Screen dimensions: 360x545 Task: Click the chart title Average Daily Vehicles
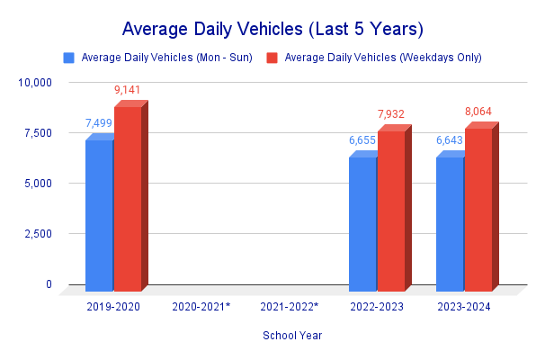click(x=272, y=28)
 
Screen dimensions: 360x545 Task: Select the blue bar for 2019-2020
click(x=99, y=216)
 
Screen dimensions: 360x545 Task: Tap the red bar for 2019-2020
click(x=128, y=199)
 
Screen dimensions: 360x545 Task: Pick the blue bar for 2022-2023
click(x=362, y=224)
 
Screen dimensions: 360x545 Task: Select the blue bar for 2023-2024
click(x=450, y=224)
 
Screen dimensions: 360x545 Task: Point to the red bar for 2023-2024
click(x=478, y=210)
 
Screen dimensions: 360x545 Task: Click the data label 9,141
click(x=127, y=90)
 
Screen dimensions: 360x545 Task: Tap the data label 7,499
click(x=99, y=123)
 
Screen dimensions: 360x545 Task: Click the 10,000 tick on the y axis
click(x=36, y=83)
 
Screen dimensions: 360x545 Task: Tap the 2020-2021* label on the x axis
click(x=201, y=307)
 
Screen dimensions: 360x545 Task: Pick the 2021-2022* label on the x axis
click(x=289, y=307)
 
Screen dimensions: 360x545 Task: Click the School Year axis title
click(x=292, y=336)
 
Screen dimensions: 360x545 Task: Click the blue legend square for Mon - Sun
click(x=69, y=58)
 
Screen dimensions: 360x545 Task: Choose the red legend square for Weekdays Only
click(x=272, y=58)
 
